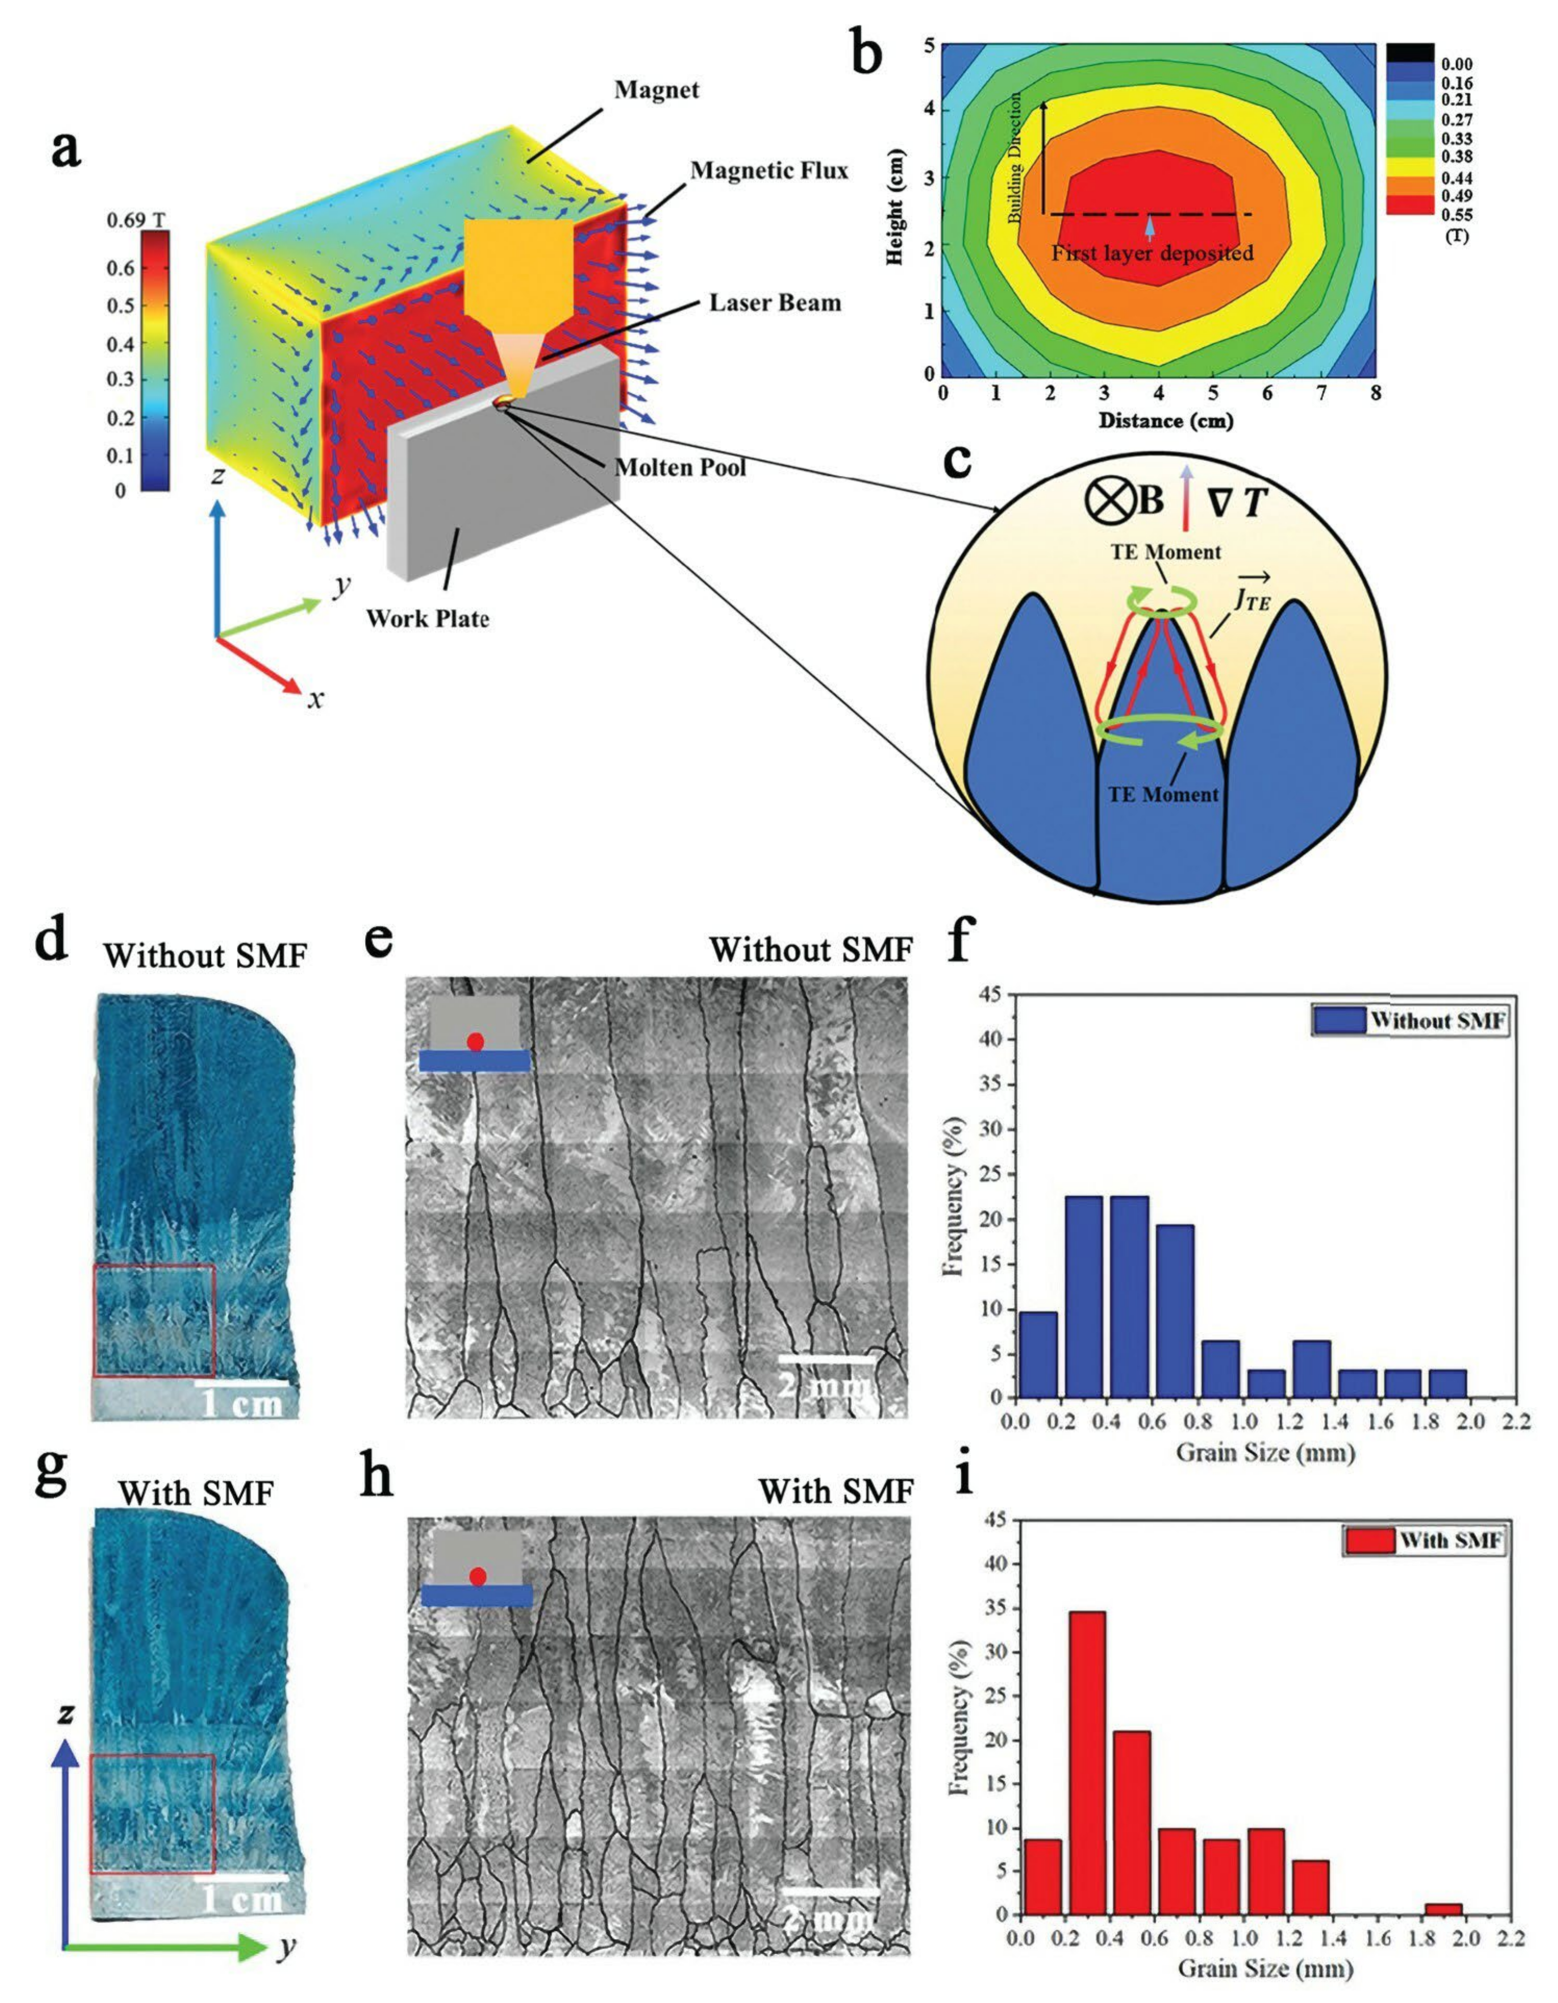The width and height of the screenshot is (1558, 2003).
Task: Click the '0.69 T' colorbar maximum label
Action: (136, 220)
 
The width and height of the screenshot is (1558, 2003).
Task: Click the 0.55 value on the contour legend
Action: (1456, 215)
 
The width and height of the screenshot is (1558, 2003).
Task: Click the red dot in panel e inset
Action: (475, 1042)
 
